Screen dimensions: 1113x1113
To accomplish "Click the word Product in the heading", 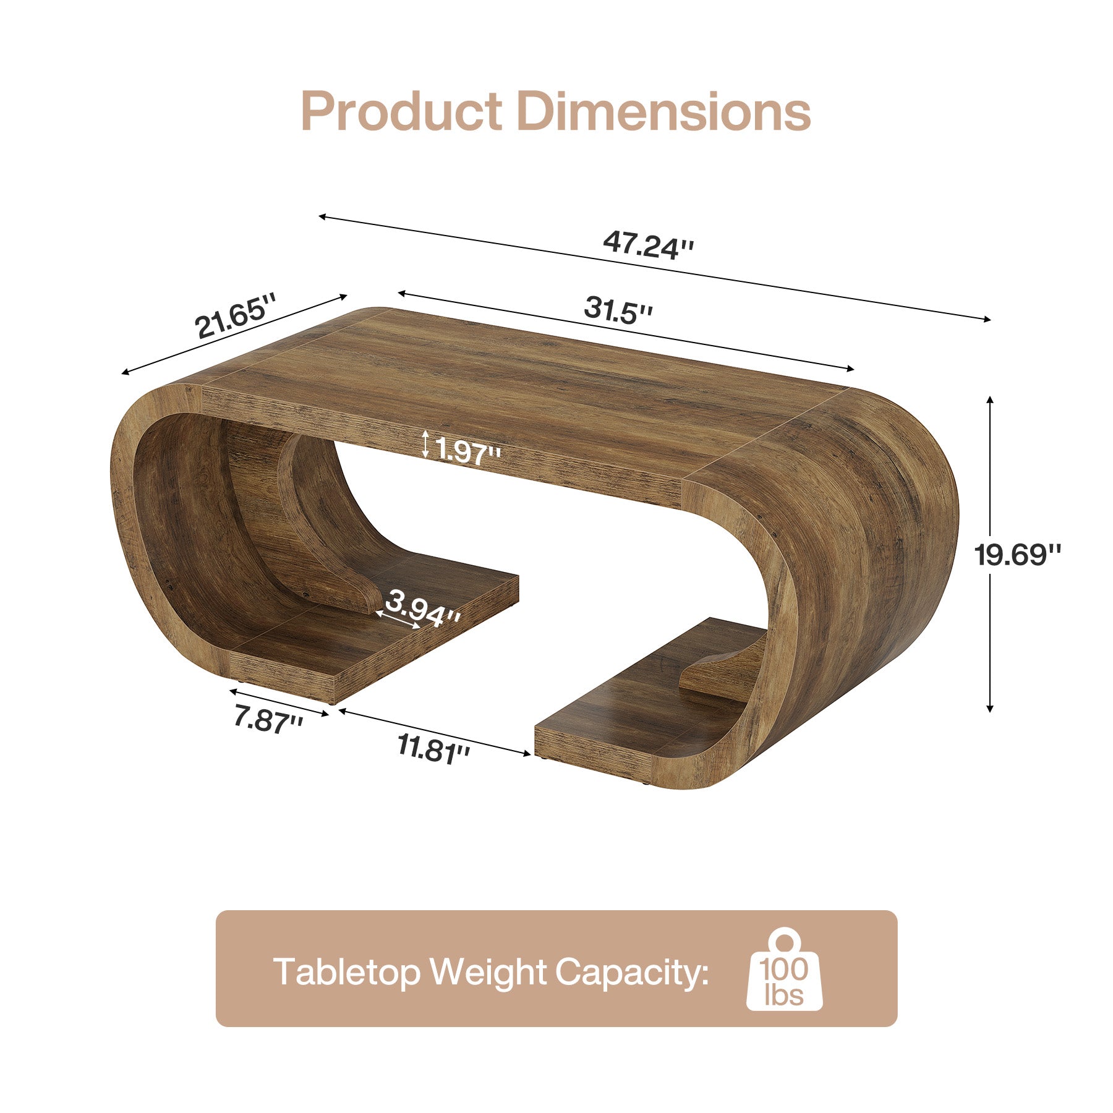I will pyautogui.click(x=401, y=111).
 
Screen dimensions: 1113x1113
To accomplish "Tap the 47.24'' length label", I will pyautogui.click(x=648, y=244).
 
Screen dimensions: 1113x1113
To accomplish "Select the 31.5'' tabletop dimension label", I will pyautogui.click(x=618, y=309).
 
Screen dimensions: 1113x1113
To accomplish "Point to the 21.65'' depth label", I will pyautogui.click(x=234, y=317).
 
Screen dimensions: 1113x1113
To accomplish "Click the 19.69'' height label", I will pyautogui.click(x=1017, y=555).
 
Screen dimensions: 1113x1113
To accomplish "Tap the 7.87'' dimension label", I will pyautogui.click(x=268, y=719).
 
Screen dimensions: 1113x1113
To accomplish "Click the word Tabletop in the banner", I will pyautogui.click(x=347, y=972).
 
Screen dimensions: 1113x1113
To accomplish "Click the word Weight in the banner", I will pyautogui.click(x=488, y=972).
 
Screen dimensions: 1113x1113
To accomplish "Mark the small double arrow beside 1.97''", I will pyautogui.click(x=425, y=445).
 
